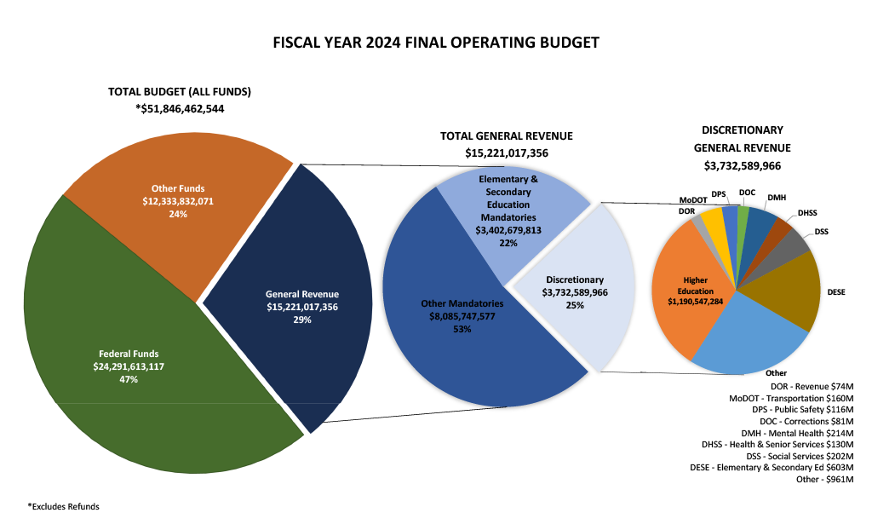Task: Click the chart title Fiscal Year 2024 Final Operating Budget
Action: click(436, 42)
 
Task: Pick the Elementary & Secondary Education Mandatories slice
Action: click(508, 213)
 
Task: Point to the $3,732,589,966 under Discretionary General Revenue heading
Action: click(743, 165)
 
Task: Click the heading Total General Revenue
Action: click(507, 135)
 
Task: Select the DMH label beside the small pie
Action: click(777, 198)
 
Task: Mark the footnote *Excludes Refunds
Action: click(64, 506)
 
